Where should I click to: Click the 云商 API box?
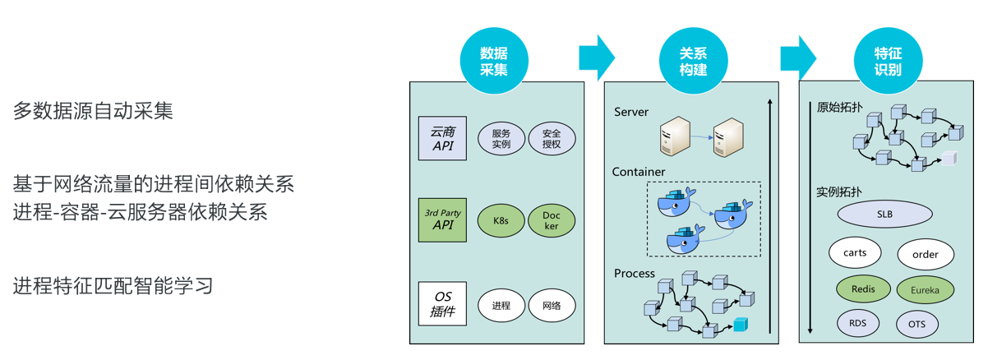[x=442, y=138]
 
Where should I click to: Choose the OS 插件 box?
[x=442, y=304]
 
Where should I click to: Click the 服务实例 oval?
[x=501, y=139]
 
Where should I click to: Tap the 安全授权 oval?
[x=552, y=139]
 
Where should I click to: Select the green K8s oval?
[x=501, y=221]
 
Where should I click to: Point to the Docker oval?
[x=552, y=221]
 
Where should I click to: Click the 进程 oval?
[x=501, y=306]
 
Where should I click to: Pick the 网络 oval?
[x=552, y=306]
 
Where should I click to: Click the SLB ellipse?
[x=884, y=215]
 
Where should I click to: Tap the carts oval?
[x=855, y=253]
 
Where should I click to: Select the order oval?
[x=926, y=255]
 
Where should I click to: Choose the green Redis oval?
[x=863, y=288]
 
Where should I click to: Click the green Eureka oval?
[x=926, y=289]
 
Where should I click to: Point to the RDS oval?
[x=857, y=323]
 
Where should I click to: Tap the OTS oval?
[x=917, y=325]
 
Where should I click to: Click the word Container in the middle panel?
[x=639, y=172]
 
